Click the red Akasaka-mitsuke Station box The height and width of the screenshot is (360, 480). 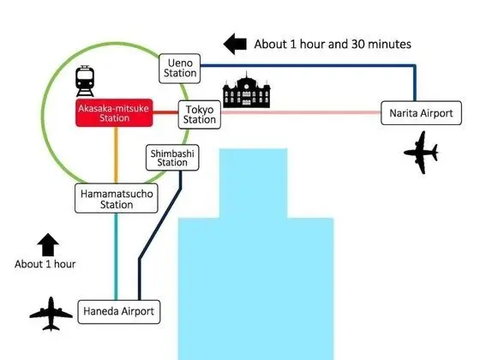pyautogui.click(x=114, y=112)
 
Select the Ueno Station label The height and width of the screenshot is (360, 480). pyautogui.click(x=180, y=69)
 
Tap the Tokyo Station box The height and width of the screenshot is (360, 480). pyautogui.click(x=199, y=115)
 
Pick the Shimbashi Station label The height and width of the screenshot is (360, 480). pyautogui.click(x=172, y=158)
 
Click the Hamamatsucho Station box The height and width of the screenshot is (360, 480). pyautogui.click(x=117, y=198)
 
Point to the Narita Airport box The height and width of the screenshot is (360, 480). pyautogui.click(x=421, y=113)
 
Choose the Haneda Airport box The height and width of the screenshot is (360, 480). pyautogui.click(x=119, y=312)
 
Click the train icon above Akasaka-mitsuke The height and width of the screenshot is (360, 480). pyautogui.click(x=85, y=81)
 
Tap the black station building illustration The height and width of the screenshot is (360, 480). pyautogui.click(x=247, y=90)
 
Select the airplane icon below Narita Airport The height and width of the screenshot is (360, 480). pyautogui.click(x=422, y=153)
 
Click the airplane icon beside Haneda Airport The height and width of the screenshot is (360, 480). pyautogui.click(x=51, y=314)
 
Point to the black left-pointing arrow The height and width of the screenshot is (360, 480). pyautogui.click(x=235, y=44)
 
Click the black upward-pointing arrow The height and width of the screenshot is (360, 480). pyautogui.click(x=48, y=244)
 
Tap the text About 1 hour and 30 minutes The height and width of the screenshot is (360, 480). pyautogui.click(x=333, y=44)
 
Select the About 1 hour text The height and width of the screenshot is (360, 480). pyautogui.click(x=45, y=264)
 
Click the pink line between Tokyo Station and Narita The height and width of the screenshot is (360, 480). pyautogui.click(x=301, y=112)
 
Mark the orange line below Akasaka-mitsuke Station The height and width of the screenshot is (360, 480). pyautogui.click(x=116, y=155)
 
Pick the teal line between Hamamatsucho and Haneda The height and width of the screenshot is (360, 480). pyautogui.click(x=116, y=256)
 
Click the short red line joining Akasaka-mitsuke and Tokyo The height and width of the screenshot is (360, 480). pyautogui.click(x=165, y=112)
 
